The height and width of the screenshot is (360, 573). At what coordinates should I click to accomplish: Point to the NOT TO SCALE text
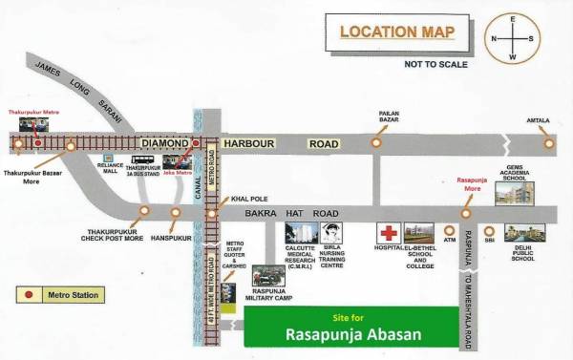(435, 64)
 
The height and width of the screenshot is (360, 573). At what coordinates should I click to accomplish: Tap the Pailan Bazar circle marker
(377, 142)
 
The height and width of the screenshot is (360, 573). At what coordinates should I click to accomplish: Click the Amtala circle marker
(549, 143)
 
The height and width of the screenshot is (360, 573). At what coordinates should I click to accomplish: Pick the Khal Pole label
(245, 199)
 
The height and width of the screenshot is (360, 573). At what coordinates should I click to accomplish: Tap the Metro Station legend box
(58, 295)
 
